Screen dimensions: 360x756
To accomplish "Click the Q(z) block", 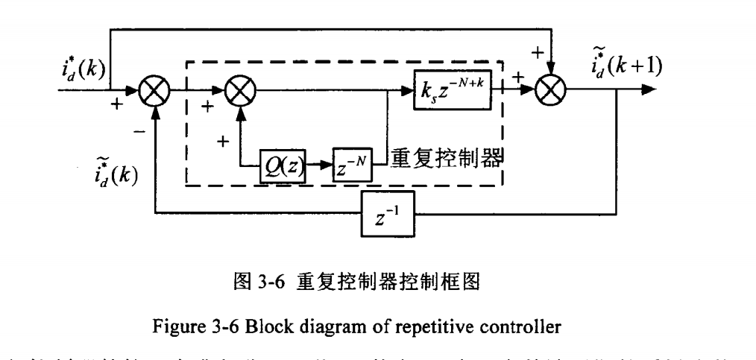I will (x=282, y=165).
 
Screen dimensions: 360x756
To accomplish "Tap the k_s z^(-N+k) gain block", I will (x=453, y=92).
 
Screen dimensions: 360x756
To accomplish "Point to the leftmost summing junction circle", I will (x=157, y=92).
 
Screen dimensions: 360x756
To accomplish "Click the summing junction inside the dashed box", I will (x=239, y=92).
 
